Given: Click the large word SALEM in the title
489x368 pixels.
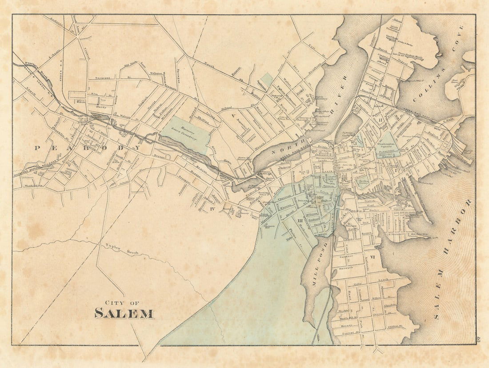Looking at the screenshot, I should pos(124,313).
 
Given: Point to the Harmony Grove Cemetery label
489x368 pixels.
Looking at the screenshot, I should pos(184,130).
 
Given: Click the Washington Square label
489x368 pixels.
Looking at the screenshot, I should pos(386,145).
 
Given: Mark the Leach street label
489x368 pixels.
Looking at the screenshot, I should pos(383,279).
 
